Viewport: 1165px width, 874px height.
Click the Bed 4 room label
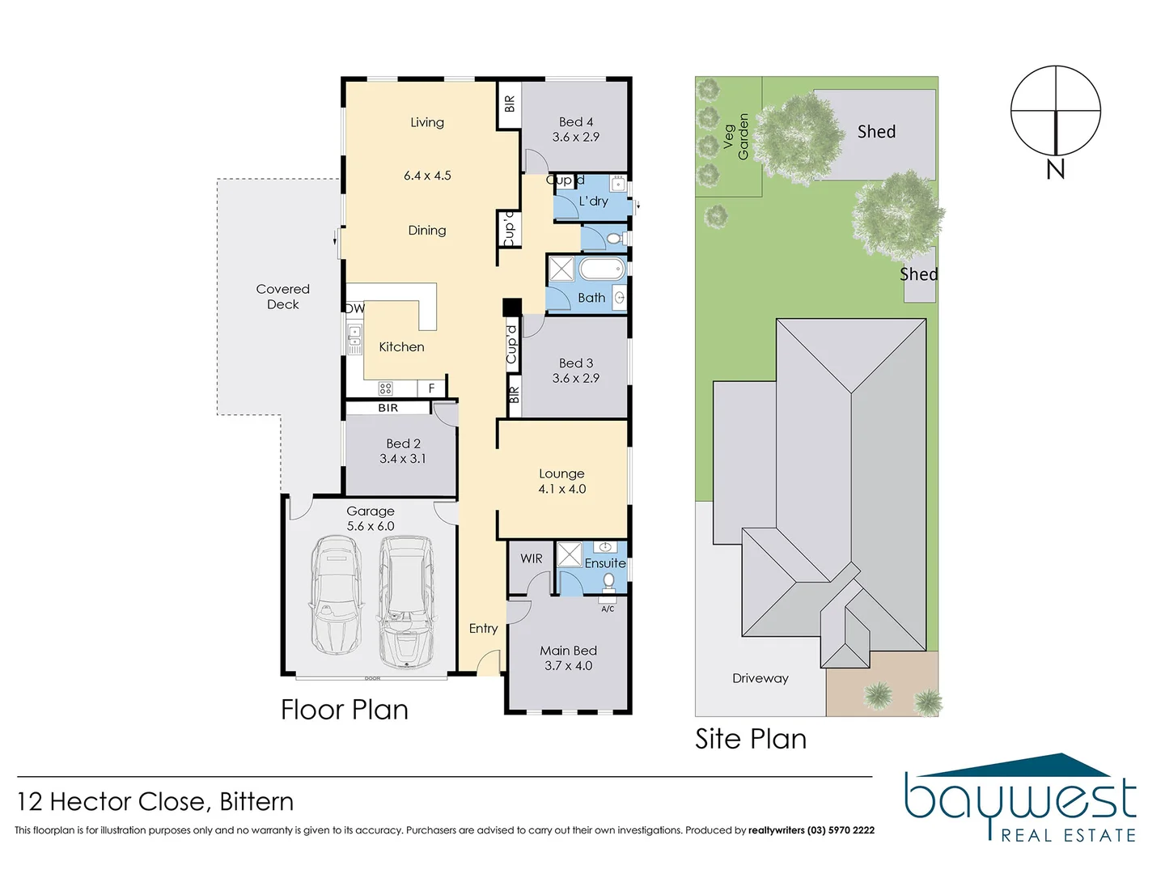click(x=575, y=122)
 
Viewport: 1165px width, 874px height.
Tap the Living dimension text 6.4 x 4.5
click(x=427, y=176)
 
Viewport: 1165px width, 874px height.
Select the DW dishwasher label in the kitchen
click(x=354, y=308)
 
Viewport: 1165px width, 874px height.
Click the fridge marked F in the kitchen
click(x=431, y=388)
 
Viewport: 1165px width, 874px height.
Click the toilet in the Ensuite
click(x=608, y=581)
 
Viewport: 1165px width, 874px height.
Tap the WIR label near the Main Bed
click(x=532, y=558)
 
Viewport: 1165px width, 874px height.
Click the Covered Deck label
click(x=282, y=296)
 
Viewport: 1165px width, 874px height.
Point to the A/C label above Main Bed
click(x=608, y=609)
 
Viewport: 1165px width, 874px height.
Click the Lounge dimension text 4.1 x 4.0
click(x=561, y=489)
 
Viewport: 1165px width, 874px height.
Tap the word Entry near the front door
click(x=483, y=628)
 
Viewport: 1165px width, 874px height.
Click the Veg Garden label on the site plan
click(x=735, y=137)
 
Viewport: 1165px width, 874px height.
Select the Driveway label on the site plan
click(x=760, y=678)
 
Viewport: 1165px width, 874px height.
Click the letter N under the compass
click(x=1055, y=169)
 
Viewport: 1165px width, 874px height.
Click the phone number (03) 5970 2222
click(x=841, y=830)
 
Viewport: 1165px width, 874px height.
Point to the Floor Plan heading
click(x=344, y=710)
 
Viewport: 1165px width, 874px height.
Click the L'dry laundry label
click(x=593, y=201)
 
